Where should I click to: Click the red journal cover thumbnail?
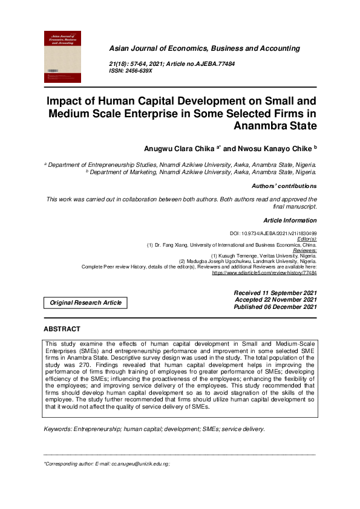coord(63,57)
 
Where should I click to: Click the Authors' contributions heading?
coord(284,186)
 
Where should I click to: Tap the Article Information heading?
coord(290,221)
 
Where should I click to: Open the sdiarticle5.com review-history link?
coord(264,273)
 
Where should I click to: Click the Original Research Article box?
coord(85,302)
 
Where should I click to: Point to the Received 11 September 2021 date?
coord(275,293)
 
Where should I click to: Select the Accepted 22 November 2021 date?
coord(275,300)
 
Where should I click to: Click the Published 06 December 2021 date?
coord(275,307)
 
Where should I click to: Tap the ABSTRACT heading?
coord(62,329)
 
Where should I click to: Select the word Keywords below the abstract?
coord(58,412)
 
